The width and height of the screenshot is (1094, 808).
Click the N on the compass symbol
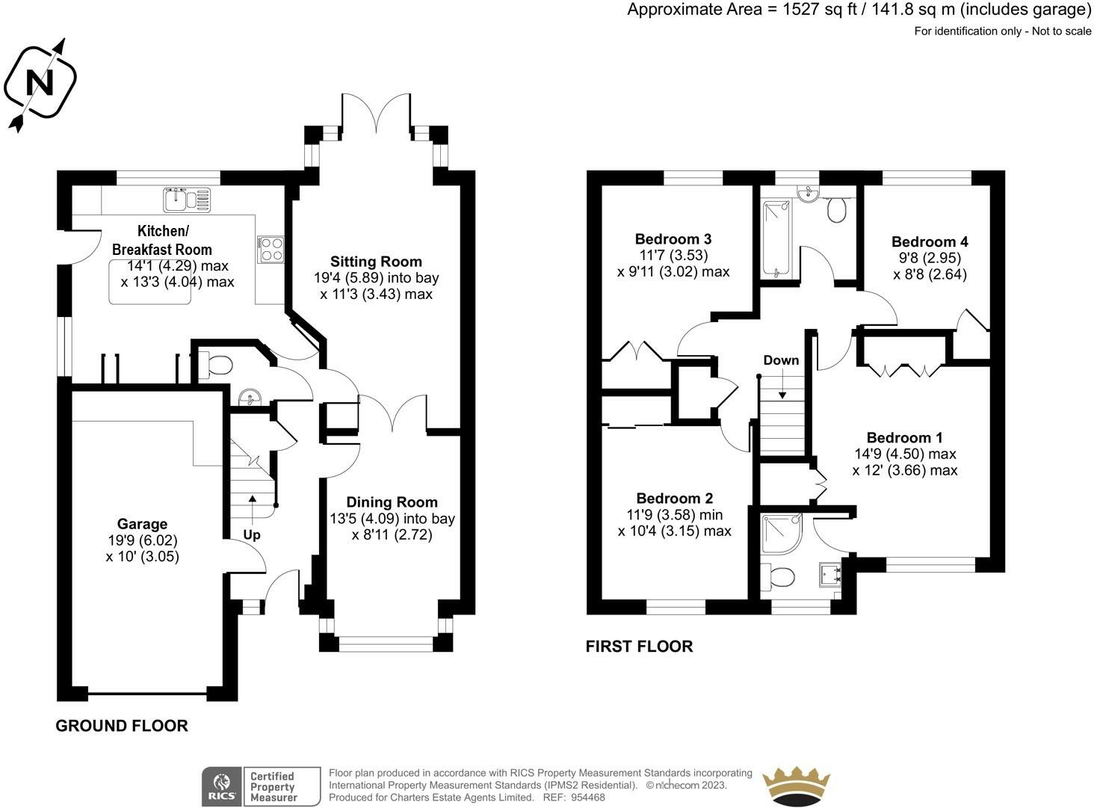[x=40, y=82]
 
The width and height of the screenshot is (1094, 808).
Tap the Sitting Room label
[x=376, y=261]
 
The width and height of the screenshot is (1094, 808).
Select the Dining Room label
[x=392, y=502]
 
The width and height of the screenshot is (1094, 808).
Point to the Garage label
[x=142, y=524]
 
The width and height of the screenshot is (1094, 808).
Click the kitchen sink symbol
[x=187, y=200]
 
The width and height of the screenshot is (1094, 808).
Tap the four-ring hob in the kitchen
[x=271, y=249]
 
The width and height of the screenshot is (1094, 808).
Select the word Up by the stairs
[x=252, y=535]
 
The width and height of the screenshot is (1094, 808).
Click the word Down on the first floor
[x=781, y=360]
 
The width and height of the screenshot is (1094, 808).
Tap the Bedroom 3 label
[x=673, y=239]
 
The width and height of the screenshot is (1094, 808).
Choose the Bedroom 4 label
[x=930, y=241]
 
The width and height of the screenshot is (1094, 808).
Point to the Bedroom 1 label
[x=905, y=437]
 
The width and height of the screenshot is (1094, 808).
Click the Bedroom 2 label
[x=674, y=498]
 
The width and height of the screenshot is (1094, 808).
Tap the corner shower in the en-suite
[x=782, y=534]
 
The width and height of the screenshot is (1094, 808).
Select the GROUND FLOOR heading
[x=122, y=726]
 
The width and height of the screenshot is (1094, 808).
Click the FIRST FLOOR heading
[x=639, y=646]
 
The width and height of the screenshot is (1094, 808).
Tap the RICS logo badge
[x=261, y=786]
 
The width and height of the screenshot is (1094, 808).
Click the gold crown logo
[x=796, y=786]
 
